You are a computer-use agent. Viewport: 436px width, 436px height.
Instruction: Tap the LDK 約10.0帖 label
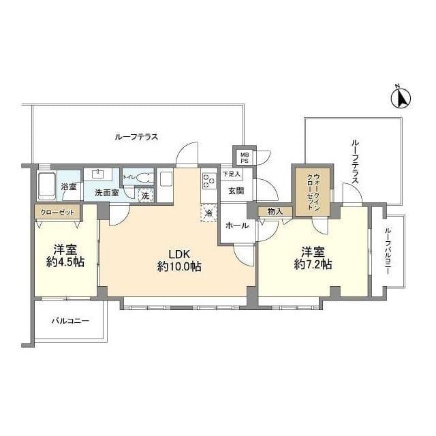(x=179, y=260)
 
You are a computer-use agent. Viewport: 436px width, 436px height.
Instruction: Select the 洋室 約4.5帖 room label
(x=65, y=256)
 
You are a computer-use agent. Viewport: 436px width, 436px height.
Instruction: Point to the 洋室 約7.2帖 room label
(x=313, y=258)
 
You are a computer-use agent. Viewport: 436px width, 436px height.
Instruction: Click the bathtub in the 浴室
(x=46, y=186)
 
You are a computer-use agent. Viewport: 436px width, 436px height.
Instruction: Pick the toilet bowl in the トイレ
(x=144, y=178)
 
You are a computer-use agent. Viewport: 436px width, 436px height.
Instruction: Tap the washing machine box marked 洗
(x=146, y=196)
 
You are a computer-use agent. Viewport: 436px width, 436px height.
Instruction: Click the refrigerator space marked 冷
(x=208, y=213)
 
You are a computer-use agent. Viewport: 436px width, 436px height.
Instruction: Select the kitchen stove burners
(x=209, y=181)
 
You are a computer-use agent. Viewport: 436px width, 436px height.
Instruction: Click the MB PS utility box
(x=245, y=157)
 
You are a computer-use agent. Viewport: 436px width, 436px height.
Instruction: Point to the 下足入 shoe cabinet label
(x=232, y=174)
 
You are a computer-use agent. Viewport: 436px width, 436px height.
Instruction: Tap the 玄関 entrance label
(x=236, y=191)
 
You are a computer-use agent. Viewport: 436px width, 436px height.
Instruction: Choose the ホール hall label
(x=237, y=225)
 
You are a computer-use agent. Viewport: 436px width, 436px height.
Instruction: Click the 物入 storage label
(x=275, y=212)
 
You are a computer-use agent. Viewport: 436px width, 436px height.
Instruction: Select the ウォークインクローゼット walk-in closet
(x=313, y=191)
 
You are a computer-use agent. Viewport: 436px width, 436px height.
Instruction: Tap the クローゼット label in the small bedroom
(x=57, y=213)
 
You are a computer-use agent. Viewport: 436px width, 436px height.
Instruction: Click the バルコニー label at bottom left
(x=70, y=321)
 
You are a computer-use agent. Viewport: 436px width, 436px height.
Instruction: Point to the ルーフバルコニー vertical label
(x=388, y=251)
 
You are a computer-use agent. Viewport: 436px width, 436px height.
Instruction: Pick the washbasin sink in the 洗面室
(x=98, y=174)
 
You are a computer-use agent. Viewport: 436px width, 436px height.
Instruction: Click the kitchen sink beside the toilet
(x=166, y=179)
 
